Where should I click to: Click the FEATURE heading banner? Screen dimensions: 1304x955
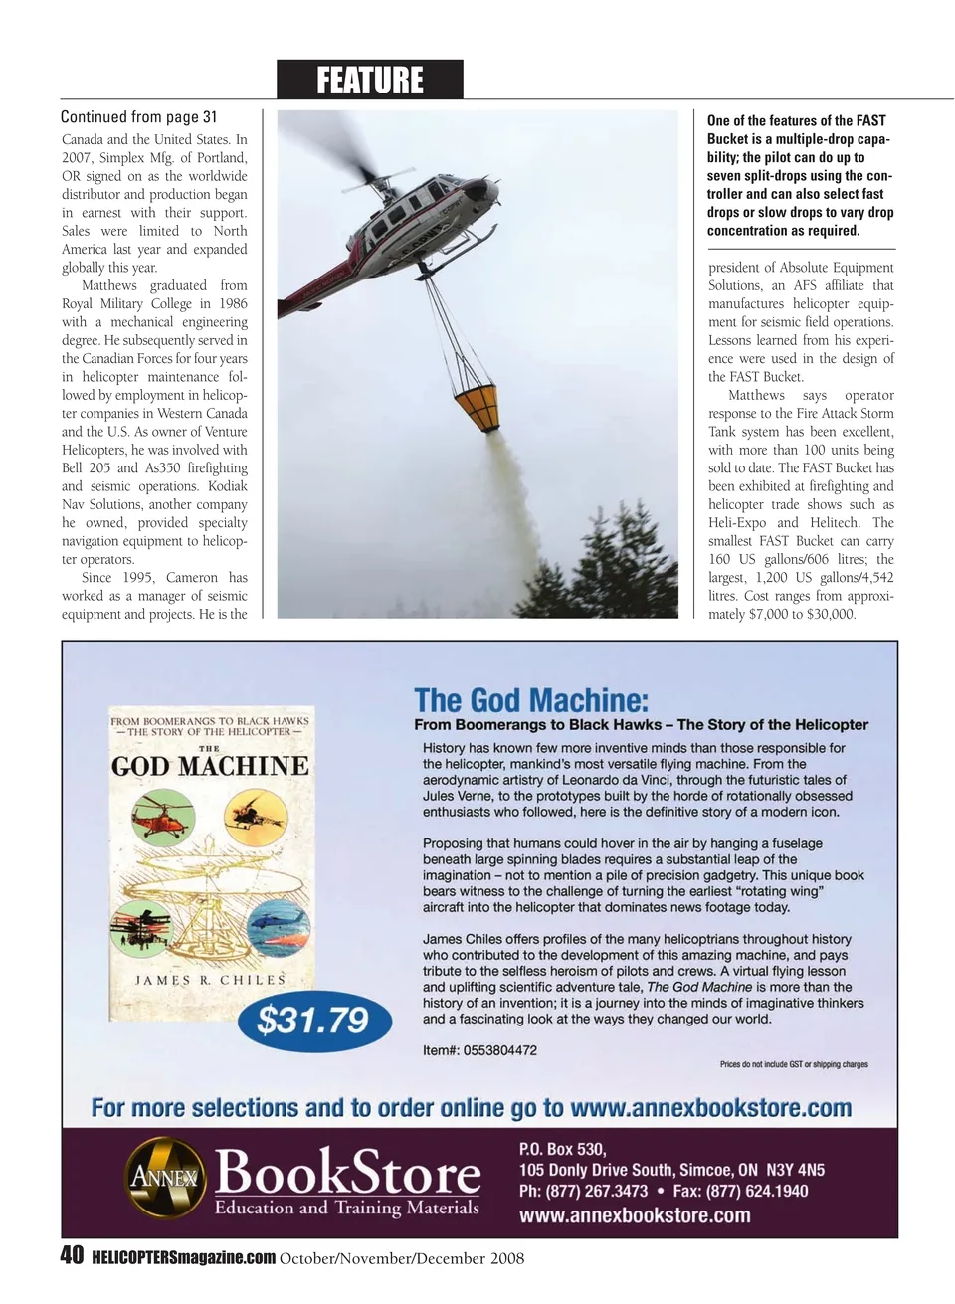(369, 80)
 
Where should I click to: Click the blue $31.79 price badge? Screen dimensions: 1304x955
(312, 1021)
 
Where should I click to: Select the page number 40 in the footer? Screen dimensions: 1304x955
(72, 1255)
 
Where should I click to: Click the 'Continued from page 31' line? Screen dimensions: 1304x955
(138, 117)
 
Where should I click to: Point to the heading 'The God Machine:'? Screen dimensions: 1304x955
(531, 700)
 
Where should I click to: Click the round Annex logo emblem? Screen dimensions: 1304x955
(164, 1179)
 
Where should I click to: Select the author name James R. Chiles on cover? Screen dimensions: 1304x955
(210, 980)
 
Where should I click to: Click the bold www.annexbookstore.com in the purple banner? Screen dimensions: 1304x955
(635, 1215)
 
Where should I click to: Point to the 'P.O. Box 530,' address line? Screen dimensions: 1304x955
(562, 1149)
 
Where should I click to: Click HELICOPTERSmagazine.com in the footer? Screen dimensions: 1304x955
(183, 1258)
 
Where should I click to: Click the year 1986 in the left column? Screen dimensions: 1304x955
(233, 303)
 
